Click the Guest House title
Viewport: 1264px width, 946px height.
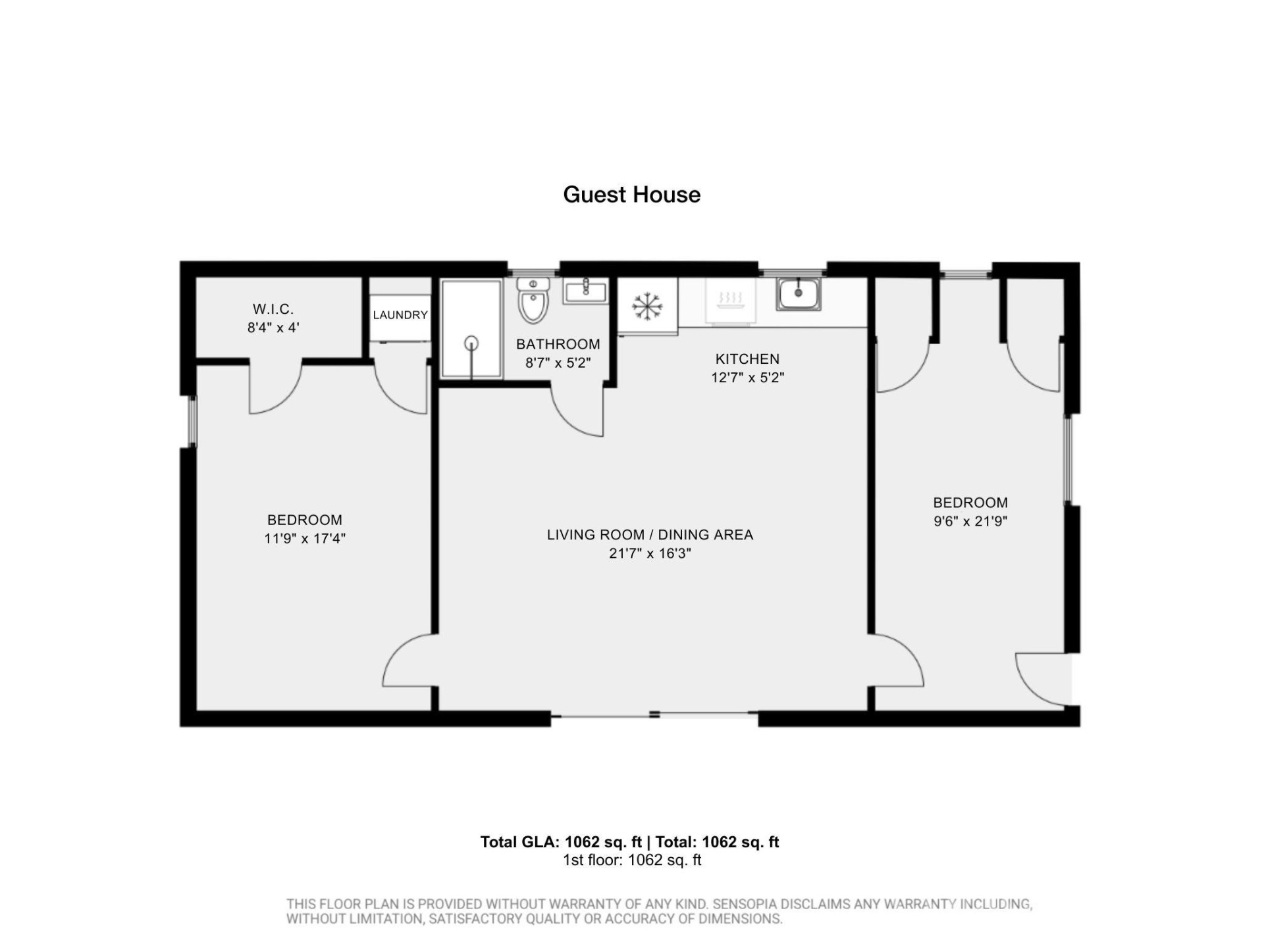coord(631,195)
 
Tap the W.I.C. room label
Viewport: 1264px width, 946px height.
coord(273,309)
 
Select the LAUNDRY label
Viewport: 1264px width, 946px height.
coord(400,315)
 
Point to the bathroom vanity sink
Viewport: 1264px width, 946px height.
coord(585,290)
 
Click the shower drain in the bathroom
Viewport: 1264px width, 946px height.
coord(471,343)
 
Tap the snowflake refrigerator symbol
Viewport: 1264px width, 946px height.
coord(646,307)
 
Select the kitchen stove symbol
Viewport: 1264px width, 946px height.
coord(729,301)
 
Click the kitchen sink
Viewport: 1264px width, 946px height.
coord(798,293)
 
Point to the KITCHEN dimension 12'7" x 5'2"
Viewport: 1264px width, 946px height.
coord(747,378)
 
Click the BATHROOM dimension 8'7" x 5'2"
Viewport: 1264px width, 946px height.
coord(558,362)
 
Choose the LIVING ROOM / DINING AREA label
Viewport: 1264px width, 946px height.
coord(650,535)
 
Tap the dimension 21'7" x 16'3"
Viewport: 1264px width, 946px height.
coord(650,553)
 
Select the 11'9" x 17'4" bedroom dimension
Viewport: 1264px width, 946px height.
coord(305,538)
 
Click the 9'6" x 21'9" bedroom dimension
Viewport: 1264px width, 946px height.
coord(970,521)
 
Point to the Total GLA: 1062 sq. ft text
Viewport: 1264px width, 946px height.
coord(560,842)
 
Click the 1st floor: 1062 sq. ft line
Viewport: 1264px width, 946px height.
coord(631,860)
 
